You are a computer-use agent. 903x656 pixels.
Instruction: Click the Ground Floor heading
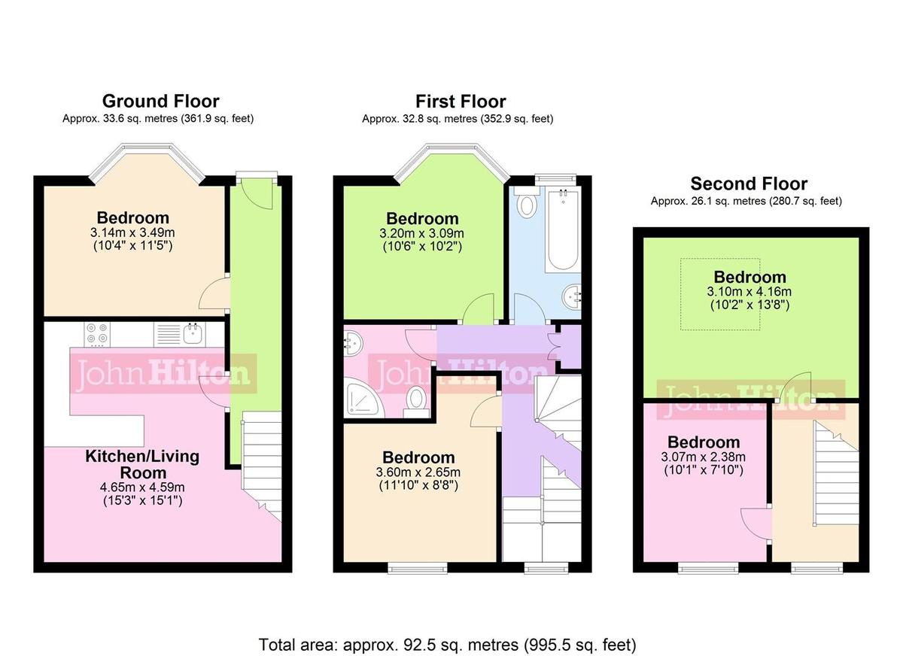click(x=160, y=101)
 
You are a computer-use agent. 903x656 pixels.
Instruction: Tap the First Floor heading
click(x=461, y=101)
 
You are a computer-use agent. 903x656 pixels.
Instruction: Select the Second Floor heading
click(x=749, y=184)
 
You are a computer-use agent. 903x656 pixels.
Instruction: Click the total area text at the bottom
click(x=447, y=645)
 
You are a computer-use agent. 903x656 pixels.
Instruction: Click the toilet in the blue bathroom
click(x=527, y=203)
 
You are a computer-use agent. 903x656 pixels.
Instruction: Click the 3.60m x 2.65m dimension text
click(x=418, y=472)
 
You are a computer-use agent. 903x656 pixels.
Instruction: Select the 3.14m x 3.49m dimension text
click(x=132, y=232)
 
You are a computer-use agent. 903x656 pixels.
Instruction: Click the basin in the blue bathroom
click(x=571, y=296)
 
